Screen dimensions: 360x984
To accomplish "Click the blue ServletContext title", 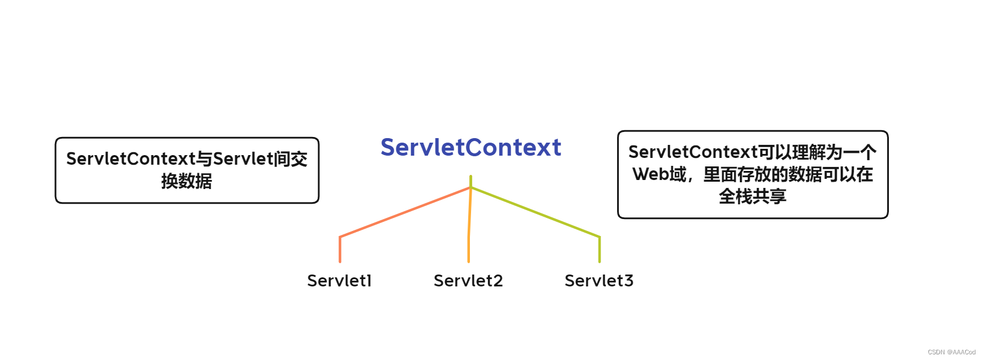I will click(470, 147).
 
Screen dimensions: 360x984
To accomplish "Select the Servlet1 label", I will click(339, 281).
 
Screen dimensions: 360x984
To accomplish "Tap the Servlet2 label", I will click(468, 281).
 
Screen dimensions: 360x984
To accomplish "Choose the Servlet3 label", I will click(599, 281).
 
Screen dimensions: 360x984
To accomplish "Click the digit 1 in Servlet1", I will click(369, 281).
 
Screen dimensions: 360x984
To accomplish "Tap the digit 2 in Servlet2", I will click(498, 281).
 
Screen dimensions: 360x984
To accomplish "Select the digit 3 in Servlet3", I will click(628, 281).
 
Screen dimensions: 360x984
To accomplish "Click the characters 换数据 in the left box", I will click(187, 181).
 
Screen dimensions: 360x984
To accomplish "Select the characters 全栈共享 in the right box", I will click(752, 196).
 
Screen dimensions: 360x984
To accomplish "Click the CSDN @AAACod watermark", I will click(951, 352).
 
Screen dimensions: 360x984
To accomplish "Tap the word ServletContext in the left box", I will click(131, 159).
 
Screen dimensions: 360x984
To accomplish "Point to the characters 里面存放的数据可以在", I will click(788, 174).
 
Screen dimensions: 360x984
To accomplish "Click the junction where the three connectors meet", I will click(470, 187).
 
